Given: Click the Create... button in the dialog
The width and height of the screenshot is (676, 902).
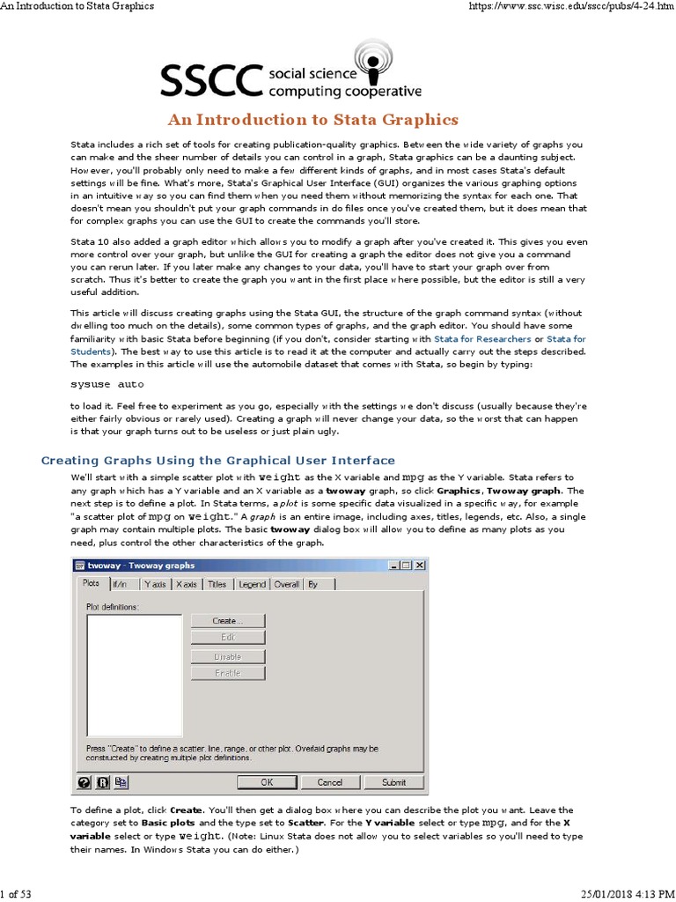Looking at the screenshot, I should (x=227, y=621).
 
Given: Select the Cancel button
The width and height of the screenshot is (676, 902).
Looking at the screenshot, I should (x=329, y=782).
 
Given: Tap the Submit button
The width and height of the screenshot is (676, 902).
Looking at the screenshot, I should (x=393, y=782).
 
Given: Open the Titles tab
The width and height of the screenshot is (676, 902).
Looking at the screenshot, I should (x=217, y=584).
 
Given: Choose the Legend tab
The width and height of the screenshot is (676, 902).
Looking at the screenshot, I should (x=252, y=584).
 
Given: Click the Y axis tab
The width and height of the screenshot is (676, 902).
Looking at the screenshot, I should (x=155, y=584).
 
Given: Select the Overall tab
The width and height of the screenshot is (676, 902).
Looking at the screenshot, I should (x=287, y=584).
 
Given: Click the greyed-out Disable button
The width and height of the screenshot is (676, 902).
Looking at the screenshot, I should (x=227, y=656).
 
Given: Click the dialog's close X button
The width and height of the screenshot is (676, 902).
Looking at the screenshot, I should (x=419, y=566).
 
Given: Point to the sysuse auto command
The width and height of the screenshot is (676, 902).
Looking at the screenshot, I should (x=107, y=385).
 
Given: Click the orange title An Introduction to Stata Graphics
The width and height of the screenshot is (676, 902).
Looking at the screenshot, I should (x=313, y=120).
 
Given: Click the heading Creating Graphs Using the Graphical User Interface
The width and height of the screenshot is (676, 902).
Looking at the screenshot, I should (x=219, y=461).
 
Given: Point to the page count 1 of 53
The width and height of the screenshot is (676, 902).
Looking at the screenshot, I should (x=17, y=895).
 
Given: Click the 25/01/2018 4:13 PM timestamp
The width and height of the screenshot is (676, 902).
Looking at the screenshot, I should (x=627, y=895).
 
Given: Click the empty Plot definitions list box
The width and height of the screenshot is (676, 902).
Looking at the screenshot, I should (x=135, y=675).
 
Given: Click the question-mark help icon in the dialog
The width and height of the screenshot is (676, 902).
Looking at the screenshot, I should (x=84, y=782).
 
